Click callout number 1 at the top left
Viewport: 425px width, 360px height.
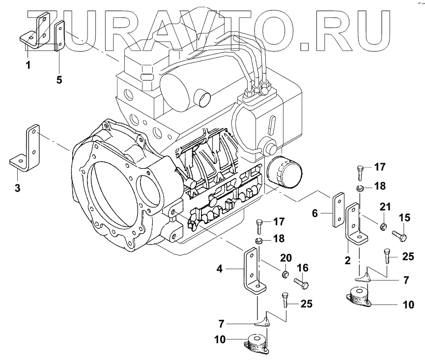tap(28, 65)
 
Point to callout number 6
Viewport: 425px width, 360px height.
tap(315, 213)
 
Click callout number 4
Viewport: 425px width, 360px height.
tap(220, 269)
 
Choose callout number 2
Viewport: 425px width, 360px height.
tap(347, 260)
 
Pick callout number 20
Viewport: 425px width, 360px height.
tap(285, 258)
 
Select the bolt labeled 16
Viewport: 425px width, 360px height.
tap(300, 283)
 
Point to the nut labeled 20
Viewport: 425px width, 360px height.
tap(285, 273)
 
